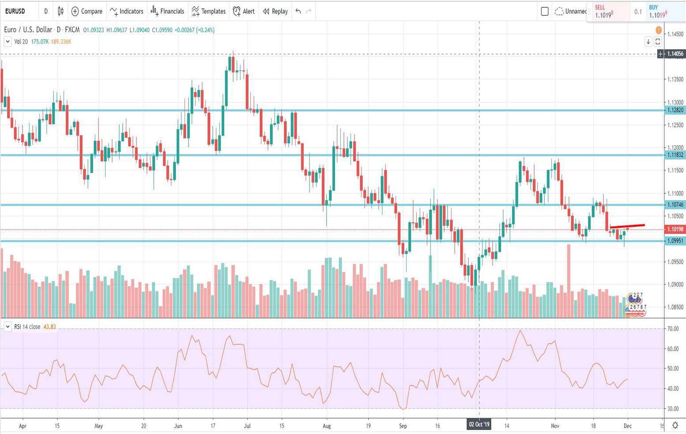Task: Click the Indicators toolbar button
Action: [x=127, y=11]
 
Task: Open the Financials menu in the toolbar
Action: [x=167, y=11]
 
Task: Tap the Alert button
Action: [x=244, y=11]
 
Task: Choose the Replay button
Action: [x=275, y=11]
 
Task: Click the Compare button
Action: [x=87, y=11]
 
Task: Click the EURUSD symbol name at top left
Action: [x=15, y=11]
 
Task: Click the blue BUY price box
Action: [x=664, y=11]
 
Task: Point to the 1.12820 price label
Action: [x=675, y=110]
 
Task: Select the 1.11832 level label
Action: [x=675, y=155]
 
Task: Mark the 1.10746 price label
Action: [x=675, y=205]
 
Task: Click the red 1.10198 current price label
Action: [x=675, y=229]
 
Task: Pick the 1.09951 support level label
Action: [x=675, y=241]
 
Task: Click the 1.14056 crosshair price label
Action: [x=675, y=54]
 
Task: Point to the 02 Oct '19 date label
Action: [x=479, y=425]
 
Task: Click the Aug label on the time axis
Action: [x=327, y=426]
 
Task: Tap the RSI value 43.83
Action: [x=49, y=327]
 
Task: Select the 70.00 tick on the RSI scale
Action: [x=673, y=329]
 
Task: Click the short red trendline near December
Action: [x=627, y=226]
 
